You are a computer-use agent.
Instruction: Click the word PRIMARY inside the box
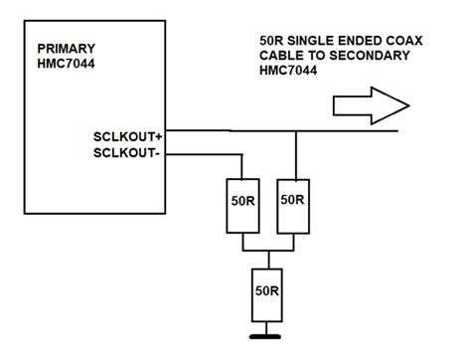66,48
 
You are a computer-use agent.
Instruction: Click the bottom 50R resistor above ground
265,293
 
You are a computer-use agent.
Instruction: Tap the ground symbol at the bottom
265,335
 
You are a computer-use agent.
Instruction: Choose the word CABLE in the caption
281,58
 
